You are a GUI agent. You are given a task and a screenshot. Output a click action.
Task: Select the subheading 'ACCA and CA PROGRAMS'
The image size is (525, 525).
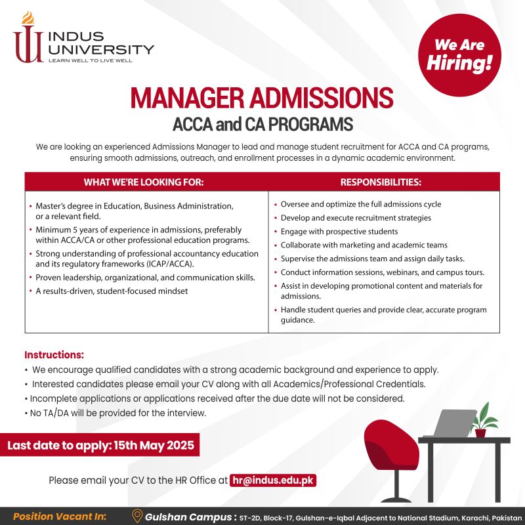pyautogui.click(x=262, y=124)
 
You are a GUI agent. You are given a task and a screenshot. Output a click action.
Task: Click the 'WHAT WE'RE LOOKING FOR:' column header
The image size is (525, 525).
pyautogui.click(x=144, y=182)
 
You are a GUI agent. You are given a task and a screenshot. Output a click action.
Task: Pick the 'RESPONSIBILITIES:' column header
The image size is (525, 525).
pyautogui.click(x=381, y=182)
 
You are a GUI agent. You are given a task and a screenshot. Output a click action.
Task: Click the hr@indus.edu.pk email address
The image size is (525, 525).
pyautogui.click(x=274, y=480)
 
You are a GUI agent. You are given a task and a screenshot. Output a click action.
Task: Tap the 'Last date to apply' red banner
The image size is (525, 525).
pyautogui.click(x=100, y=446)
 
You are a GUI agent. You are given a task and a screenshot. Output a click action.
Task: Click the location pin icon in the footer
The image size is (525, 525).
pyautogui.click(x=137, y=515)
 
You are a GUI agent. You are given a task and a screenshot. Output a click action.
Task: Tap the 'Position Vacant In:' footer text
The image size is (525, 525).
pyautogui.click(x=60, y=516)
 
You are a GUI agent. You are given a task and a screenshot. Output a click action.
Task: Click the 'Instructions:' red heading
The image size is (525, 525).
pyautogui.click(x=54, y=355)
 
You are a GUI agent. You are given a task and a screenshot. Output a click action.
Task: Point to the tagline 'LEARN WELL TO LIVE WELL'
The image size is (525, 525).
pyautogui.click(x=91, y=60)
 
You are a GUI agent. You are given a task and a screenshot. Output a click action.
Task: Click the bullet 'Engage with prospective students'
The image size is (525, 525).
pyautogui.click(x=339, y=232)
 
